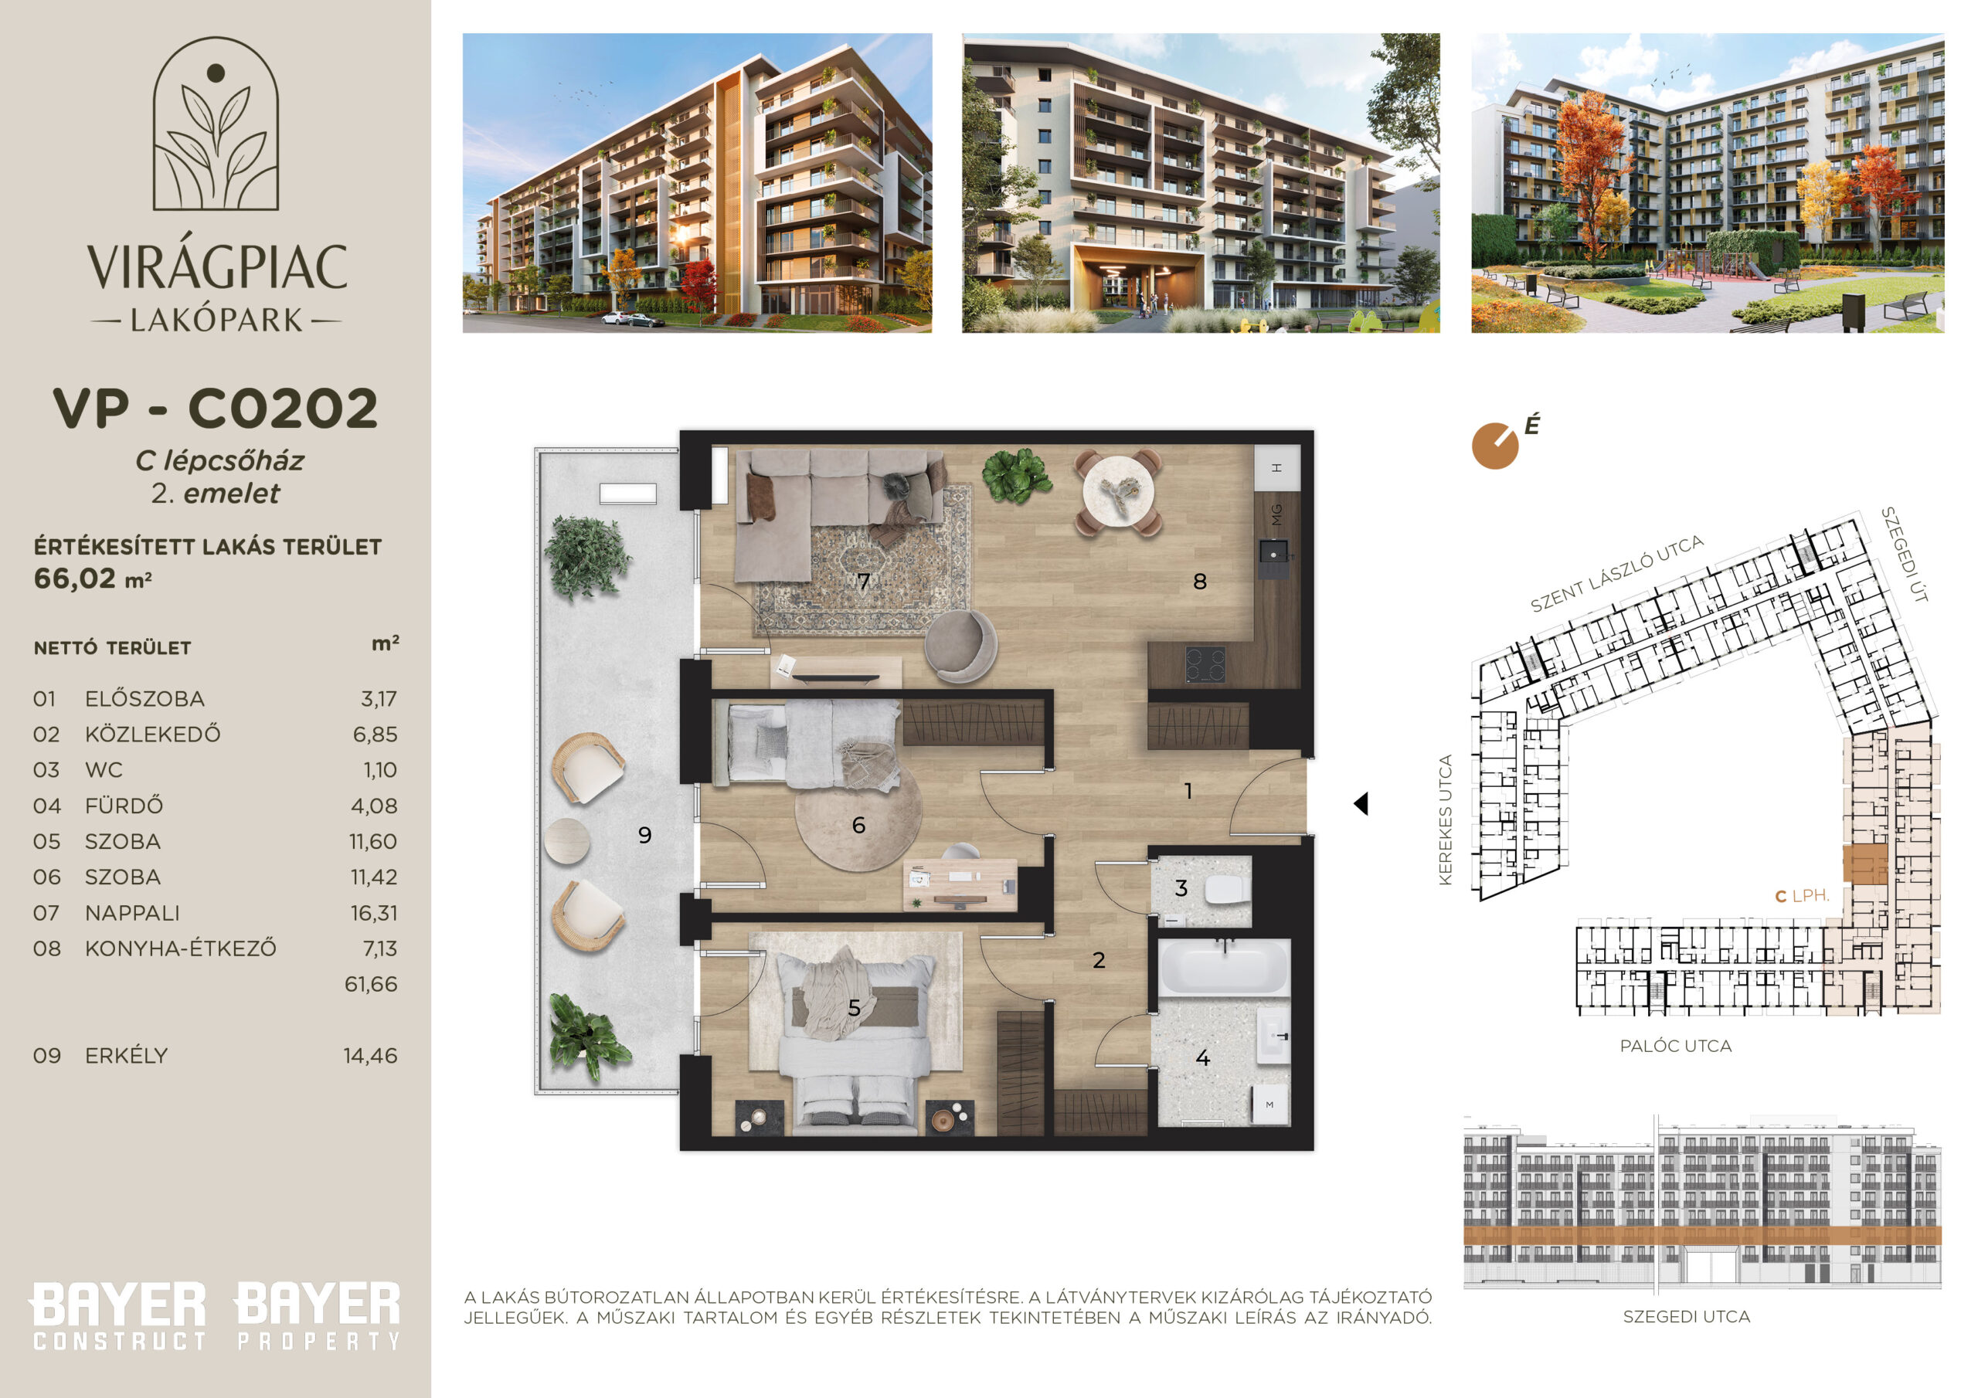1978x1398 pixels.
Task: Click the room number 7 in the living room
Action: click(863, 582)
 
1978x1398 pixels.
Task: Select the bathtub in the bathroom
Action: click(1223, 967)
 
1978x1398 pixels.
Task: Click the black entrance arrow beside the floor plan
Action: click(1361, 803)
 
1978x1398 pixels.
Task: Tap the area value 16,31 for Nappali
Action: click(373, 913)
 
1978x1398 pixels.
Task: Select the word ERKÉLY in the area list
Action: click(126, 1055)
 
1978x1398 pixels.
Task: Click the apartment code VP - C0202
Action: click(216, 409)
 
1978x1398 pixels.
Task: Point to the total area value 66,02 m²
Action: click(92, 579)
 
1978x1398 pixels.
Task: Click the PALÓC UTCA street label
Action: click(1676, 1046)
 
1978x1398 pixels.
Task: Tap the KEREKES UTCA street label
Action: click(1446, 819)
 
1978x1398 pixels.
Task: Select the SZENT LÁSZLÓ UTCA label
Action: click(1617, 573)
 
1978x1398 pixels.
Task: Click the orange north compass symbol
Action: click(1496, 446)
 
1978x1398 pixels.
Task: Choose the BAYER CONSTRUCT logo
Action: click(119, 1316)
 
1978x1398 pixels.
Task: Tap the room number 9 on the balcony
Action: click(644, 835)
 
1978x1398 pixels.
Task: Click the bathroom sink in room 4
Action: click(1273, 1037)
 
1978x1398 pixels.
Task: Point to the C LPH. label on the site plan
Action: click(1803, 896)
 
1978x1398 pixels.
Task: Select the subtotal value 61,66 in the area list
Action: click(372, 984)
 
